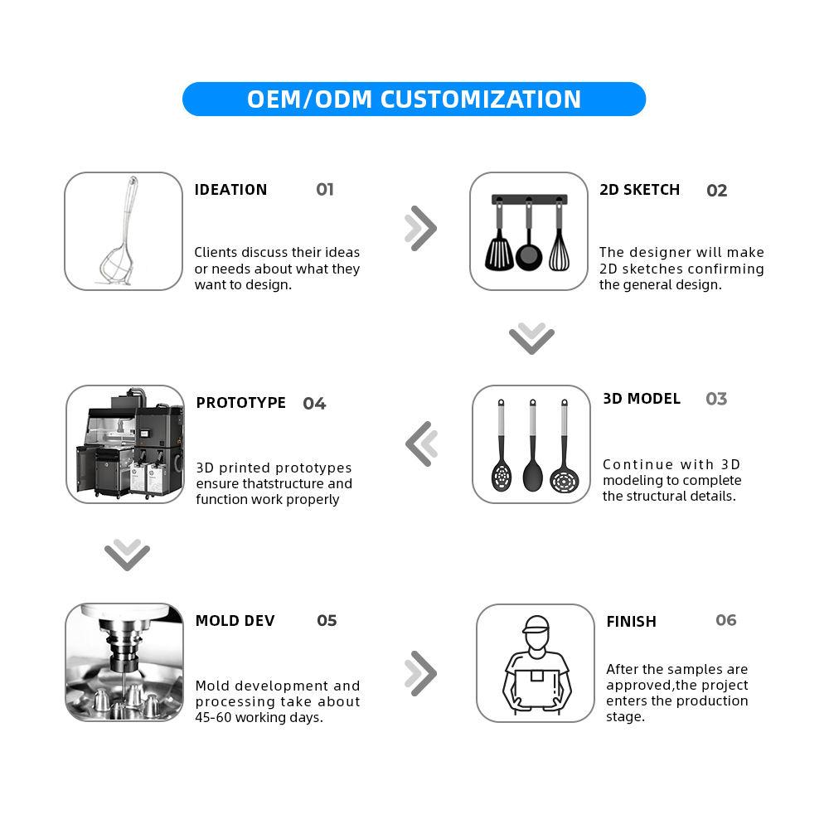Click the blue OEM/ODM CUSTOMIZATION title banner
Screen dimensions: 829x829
(x=414, y=99)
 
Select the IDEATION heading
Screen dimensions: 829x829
(x=230, y=189)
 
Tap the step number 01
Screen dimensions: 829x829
(x=325, y=189)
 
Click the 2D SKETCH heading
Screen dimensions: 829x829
(x=639, y=189)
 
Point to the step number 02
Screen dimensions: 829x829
(x=716, y=191)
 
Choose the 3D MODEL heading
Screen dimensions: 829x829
(x=642, y=398)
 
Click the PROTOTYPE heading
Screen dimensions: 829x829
(x=240, y=402)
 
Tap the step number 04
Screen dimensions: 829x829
(x=314, y=404)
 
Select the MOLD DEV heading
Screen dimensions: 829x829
(x=235, y=620)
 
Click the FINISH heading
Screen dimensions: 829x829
(x=631, y=621)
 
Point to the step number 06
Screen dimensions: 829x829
(x=726, y=619)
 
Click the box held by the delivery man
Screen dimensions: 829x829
(x=536, y=686)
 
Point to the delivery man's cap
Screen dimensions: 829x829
(x=536, y=624)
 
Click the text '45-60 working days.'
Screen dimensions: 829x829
(x=259, y=717)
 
